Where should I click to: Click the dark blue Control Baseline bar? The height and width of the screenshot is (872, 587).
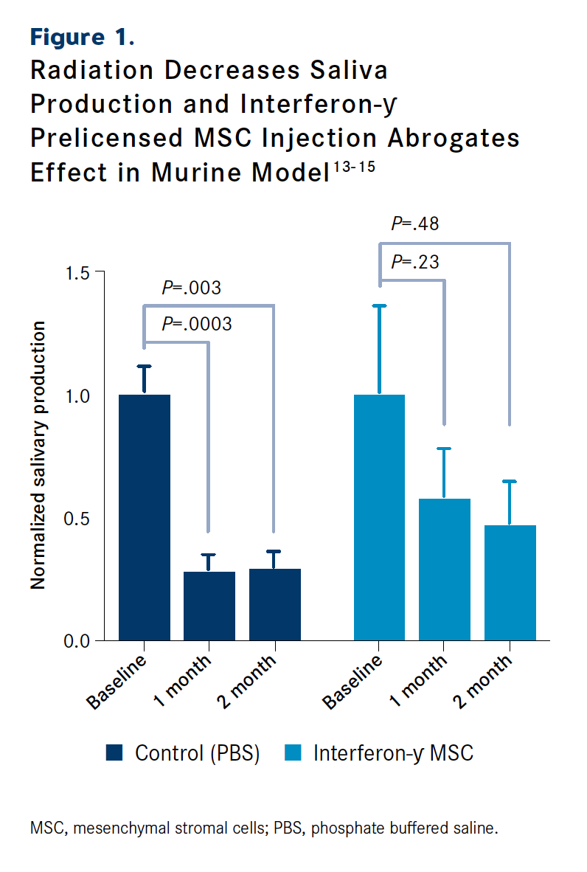pyautogui.click(x=144, y=516)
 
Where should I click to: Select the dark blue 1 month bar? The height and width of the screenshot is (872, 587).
pyautogui.click(x=209, y=606)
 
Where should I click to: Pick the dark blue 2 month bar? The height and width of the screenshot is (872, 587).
pyautogui.click(x=275, y=604)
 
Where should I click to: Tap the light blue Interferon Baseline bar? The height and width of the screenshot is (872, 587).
pyautogui.click(x=379, y=516)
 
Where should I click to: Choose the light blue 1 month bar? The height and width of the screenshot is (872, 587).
pyautogui.click(x=445, y=569)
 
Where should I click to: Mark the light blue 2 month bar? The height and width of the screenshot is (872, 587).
pyautogui.click(x=510, y=582)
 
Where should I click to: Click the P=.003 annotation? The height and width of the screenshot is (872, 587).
pyautogui.click(x=192, y=288)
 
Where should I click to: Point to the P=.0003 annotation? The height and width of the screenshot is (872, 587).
pyautogui.click(x=197, y=323)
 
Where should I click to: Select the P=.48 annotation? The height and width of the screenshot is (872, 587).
pyautogui.click(x=415, y=224)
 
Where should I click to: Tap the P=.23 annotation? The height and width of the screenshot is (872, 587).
pyautogui.click(x=415, y=262)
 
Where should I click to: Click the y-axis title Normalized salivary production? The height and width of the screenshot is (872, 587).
pyautogui.click(x=38, y=455)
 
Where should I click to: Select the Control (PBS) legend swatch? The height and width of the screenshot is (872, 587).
pyautogui.click(x=114, y=752)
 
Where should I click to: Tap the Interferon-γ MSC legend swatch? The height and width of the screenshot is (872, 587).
pyautogui.click(x=292, y=752)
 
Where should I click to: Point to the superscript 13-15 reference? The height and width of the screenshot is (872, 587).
pyautogui.click(x=353, y=167)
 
